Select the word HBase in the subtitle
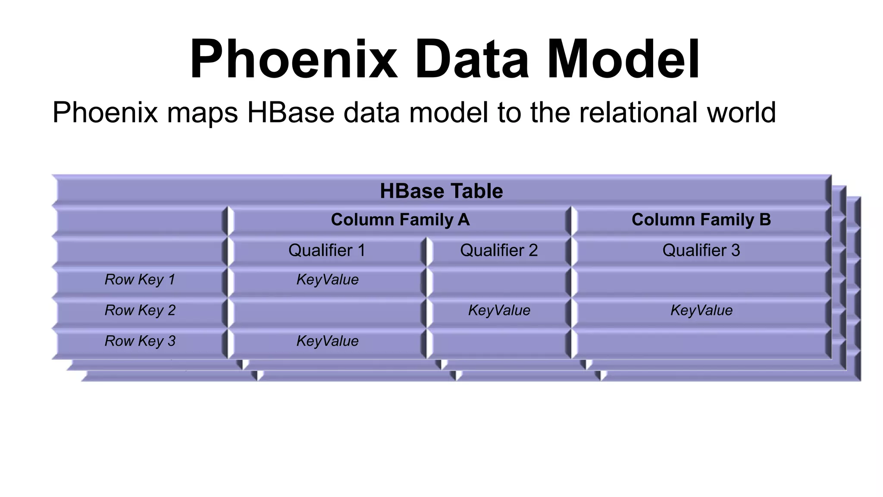[x=290, y=113]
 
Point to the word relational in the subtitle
[x=639, y=113]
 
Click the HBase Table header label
[x=441, y=191]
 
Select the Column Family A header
[x=400, y=220]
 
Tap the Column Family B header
[x=701, y=220]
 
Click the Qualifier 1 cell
[x=327, y=251]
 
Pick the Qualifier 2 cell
[x=499, y=251]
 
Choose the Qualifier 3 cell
[x=701, y=251]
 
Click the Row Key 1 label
[x=140, y=280]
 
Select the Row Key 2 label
[x=140, y=311]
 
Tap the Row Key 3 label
[x=140, y=341]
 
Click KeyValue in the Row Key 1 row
[x=327, y=280]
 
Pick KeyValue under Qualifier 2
[x=499, y=311]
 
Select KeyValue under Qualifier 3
[x=701, y=311]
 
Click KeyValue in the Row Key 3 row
[x=327, y=341]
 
